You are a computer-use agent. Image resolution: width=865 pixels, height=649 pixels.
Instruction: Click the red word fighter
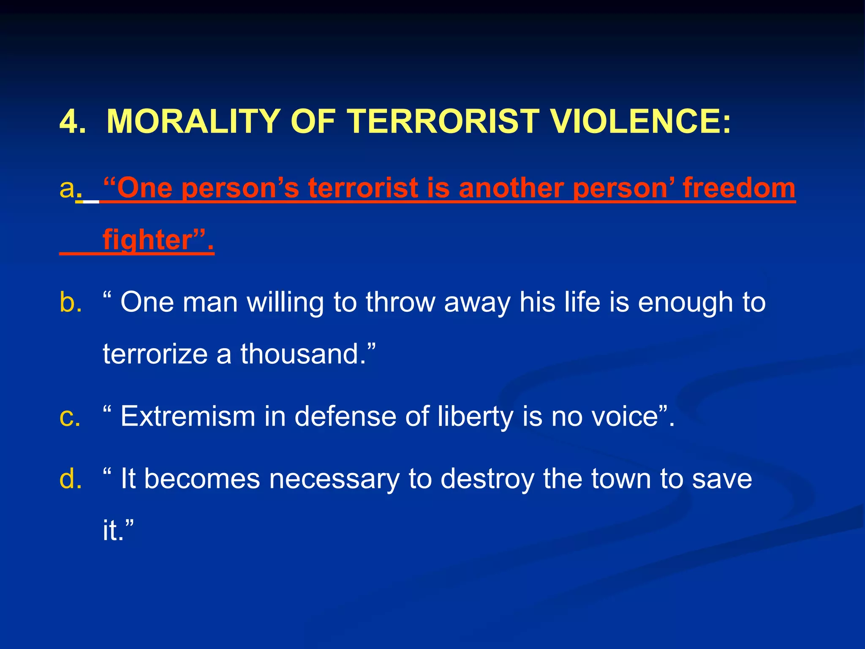[148, 240]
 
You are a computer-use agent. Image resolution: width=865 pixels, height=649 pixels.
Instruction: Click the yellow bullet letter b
[70, 303]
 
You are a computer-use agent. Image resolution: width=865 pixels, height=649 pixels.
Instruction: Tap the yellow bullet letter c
[69, 417]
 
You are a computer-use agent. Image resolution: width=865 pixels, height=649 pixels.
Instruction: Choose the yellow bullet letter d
[70, 479]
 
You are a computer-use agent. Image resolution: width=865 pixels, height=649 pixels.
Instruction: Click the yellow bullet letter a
[67, 188]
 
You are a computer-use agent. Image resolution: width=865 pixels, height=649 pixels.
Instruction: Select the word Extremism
[188, 417]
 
